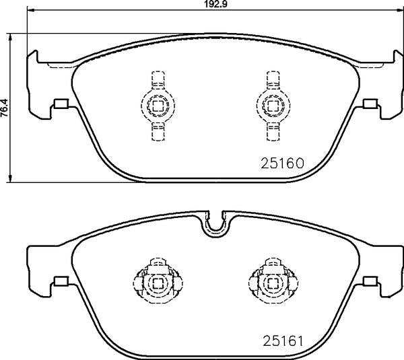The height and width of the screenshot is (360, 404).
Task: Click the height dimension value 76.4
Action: click(x=4, y=108)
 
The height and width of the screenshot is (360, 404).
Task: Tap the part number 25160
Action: click(x=283, y=163)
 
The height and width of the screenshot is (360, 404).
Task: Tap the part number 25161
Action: click(x=283, y=341)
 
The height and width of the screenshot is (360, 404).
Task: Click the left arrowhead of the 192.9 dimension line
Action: click(x=31, y=10)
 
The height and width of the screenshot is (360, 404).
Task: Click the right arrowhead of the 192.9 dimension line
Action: click(x=400, y=10)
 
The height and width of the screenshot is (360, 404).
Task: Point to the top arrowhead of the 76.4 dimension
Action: click(x=10, y=37)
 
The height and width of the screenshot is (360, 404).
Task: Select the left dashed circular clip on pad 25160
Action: click(x=158, y=105)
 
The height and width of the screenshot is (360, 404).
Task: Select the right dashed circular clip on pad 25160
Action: click(x=273, y=105)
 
